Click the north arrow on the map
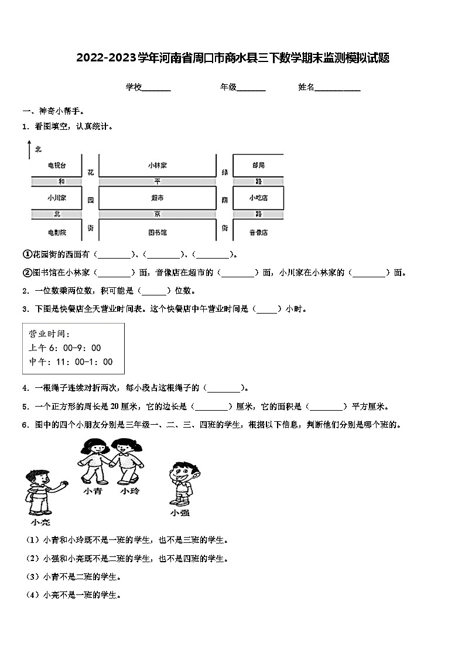(x=28, y=150)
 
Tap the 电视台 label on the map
(x=57, y=166)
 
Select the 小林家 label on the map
(x=157, y=166)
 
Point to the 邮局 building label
(x=258, y=166)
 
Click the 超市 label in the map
(x=157, y=198)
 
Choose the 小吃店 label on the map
(x=258, y=198)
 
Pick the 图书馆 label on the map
(x=157, y=232)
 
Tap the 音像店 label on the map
(x=258, y=232)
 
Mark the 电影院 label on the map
(x=57, y=232)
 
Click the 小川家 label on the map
(x=57, y=198)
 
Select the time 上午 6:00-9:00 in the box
(x=64, y=348)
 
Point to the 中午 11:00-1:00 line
(x=70, y=362)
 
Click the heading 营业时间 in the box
(x=49, y=334)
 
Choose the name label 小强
(x=180, y=513)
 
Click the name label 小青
(x=93, y=491)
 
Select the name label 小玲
(x=130, y=491)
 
